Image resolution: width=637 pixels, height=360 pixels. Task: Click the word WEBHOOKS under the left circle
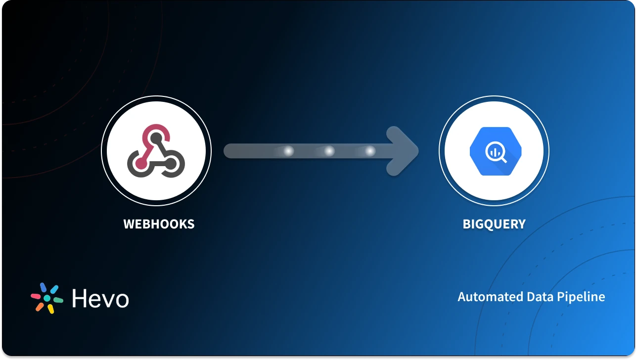(x=159, y=224)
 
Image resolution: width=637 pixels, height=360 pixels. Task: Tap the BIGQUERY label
(x=494, y=224)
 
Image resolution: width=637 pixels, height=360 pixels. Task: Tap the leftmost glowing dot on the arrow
(x=288, y=151)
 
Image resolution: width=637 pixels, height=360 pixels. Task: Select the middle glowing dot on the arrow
(x=329, y=151)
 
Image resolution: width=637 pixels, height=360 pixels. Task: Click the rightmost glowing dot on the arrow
(x=369, y=151)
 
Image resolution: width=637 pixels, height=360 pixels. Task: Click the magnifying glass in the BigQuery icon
(x=495, y=152)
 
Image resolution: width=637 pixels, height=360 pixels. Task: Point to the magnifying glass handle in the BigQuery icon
(x=503, y=160)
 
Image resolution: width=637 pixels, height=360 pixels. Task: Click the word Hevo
(x=100, y=299)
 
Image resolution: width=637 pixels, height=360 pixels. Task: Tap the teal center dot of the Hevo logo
(x=47, y=298)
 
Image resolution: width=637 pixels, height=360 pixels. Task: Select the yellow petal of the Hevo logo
(x=51, y=309)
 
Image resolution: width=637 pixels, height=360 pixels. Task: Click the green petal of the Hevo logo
(x=58, y=300)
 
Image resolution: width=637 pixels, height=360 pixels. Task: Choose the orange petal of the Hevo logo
(x=40, y=307)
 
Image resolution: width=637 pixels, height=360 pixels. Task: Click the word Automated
(x=490, y=297)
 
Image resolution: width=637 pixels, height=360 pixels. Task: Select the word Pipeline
(x=582, y=297)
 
